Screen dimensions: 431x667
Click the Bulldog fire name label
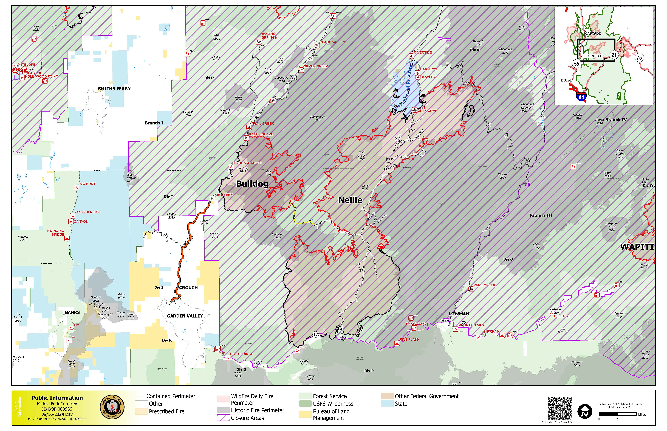(x=252, y=184)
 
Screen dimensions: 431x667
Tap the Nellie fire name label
(x=350, y=200)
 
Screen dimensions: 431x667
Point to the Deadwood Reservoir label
(x=406, y=85)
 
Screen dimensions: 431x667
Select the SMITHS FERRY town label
(x=114, y=89)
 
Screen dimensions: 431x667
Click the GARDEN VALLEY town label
(x=185, y=316)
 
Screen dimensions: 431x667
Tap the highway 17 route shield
(x=316, y=335)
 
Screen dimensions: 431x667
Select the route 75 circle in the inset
(x=639, y=58)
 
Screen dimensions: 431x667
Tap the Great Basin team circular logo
(x=112, y=407)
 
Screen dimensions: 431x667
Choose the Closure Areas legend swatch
(x=223, y=418)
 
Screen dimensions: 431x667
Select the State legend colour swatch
(x=387, y=404)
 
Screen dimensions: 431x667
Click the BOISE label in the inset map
(x=566, y=80)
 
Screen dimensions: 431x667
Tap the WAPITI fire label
(x=637, y=247)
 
